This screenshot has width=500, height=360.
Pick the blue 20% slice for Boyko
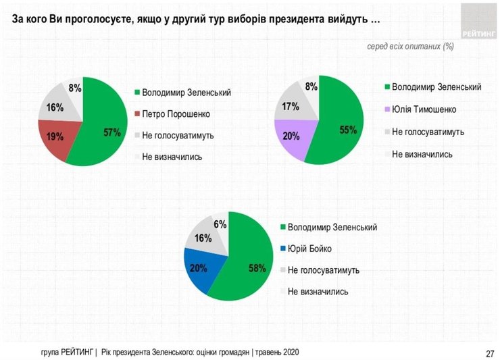click(x=200, y=268)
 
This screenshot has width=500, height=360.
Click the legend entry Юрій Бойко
click(x=309, y=249)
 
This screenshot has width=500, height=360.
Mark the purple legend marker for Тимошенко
click(x=386, y=109)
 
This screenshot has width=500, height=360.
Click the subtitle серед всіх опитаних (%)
click(x=409, y=47)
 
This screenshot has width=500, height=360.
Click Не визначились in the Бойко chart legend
click(x=318, y=292)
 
